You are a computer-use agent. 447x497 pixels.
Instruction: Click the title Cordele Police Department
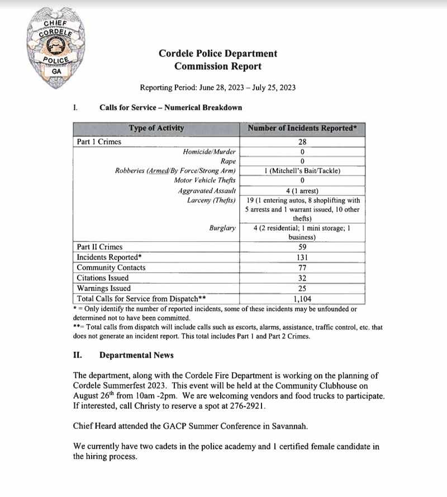coord(217,54)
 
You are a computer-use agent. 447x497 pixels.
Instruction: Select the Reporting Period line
coord(217,87)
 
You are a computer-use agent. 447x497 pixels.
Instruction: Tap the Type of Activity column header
coord(156,128)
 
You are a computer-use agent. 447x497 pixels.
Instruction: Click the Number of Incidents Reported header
coord(302,128)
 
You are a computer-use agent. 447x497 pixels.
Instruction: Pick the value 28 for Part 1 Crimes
coord(302,142)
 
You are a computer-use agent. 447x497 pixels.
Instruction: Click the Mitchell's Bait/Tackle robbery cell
coord(302,171)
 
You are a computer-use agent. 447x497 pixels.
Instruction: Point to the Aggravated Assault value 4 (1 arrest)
coord(302,190)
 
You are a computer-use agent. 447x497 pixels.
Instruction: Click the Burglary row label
coord(222,228)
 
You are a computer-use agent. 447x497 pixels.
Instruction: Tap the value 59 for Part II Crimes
coord(302,247)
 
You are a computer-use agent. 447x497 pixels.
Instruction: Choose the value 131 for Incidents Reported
coord(302,257)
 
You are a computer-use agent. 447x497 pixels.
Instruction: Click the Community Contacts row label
coord(111,268)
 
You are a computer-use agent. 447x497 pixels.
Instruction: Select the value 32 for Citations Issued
coord(302,278)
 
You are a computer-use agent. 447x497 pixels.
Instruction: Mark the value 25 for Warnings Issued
coord(302,289)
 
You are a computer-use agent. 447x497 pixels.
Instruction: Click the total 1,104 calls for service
coord(302,299)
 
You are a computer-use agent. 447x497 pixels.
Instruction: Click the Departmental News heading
coord(136,355)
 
